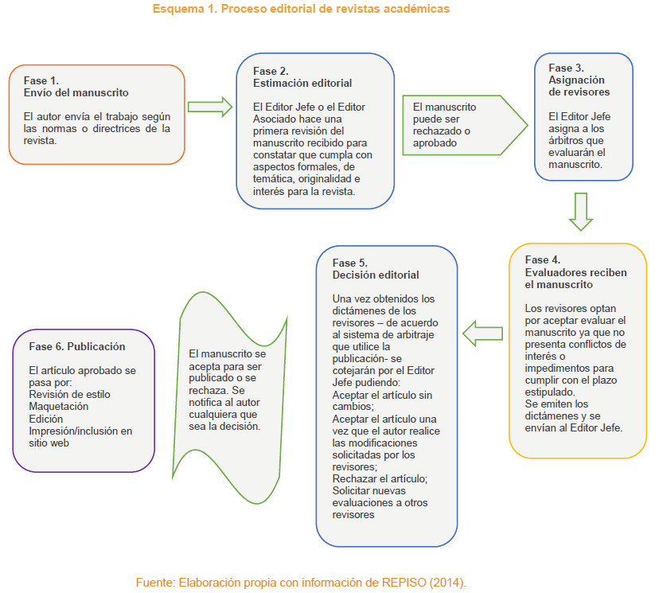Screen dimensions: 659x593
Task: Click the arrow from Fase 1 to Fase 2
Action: click(210, 107)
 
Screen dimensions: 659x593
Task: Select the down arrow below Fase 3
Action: click(581, 212)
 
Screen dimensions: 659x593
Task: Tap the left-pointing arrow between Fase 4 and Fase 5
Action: click(482, 334)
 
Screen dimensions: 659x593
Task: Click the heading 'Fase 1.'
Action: click(41, 80)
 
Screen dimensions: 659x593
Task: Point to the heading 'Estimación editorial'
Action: click(302, 84)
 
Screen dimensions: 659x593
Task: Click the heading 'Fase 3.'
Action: click(566, 68)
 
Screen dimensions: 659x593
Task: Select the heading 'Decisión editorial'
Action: click(376, 275)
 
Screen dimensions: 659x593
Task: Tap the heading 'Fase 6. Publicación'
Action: click(77, 346)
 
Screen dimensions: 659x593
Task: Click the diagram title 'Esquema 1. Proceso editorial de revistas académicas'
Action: click(301, 9)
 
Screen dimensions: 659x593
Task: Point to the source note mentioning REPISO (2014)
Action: click(301, 583)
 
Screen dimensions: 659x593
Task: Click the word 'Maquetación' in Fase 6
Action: click(59, 407)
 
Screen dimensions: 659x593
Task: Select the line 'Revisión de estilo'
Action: click(70, 395)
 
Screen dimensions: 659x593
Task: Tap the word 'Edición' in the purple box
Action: click(46, 419)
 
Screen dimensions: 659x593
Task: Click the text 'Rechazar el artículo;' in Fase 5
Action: click(380, 478)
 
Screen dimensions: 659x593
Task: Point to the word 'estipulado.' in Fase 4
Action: click(550, 392)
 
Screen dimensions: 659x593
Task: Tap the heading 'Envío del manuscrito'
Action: click(76, 92)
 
